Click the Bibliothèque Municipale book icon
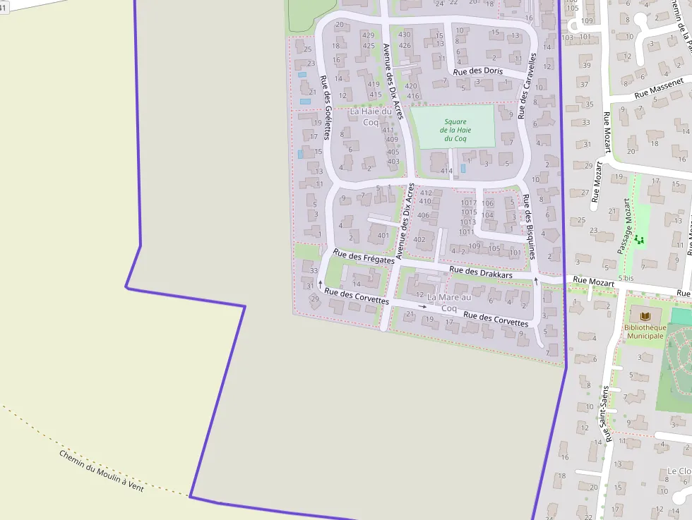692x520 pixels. click(645, 318)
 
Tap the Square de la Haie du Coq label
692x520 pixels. click(455, 130)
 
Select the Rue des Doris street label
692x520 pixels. click(478, 71)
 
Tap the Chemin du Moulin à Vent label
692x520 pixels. click(101, 471)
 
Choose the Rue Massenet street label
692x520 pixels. click(659, 91)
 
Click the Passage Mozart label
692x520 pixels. click(624, 226)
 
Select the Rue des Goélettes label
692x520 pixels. click(326, 107)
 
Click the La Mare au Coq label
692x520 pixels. click(449, 303)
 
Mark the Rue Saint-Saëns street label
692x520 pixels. click(604, 414)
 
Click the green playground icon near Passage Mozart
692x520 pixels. click(640, 240)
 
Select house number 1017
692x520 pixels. click(469, 203)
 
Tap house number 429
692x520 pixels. click(368, 35)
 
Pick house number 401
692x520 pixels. click(383, 236)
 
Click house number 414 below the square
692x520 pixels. click(446, 171)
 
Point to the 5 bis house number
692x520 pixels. click(626, 279)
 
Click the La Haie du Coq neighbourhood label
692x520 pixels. click(371, 116)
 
